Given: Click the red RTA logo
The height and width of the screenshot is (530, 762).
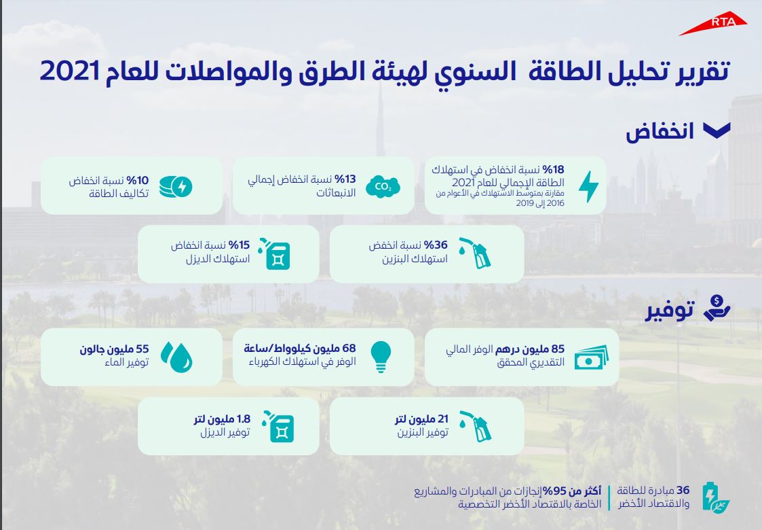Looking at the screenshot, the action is click(713, 24).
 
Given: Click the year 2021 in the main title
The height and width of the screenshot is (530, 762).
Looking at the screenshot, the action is click(70, 71).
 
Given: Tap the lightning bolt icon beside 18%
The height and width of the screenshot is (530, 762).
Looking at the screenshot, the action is click(588, 186).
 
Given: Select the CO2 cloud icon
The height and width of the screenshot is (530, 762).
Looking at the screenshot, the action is click(383, 186).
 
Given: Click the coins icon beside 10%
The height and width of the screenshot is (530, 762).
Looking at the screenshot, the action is click(176, 186).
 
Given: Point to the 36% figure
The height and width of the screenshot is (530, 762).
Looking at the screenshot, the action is click(436, 245).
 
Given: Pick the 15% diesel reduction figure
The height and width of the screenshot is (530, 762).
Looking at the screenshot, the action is click(239, 245).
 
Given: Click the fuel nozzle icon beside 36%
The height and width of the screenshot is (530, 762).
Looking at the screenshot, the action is click(475, 253).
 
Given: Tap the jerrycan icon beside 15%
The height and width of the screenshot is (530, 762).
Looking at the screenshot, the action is click(274, 253).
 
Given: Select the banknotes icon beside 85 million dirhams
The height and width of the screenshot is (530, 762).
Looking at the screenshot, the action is click(592, 357).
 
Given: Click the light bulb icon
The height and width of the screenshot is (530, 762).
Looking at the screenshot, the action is click(381, 357).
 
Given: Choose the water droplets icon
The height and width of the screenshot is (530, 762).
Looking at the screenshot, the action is click(176, 357).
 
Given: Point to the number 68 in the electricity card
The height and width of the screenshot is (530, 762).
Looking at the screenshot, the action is click(349, 349).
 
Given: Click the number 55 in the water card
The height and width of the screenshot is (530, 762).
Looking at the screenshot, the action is click(142, 349).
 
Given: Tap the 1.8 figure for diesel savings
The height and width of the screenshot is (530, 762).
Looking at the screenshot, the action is click(244, 419).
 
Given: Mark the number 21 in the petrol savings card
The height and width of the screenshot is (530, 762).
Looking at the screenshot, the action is click(442, 419).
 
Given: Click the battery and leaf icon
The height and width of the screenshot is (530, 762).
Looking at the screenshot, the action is click(716, 497).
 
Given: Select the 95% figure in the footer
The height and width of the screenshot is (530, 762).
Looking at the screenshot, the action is click(553, 491).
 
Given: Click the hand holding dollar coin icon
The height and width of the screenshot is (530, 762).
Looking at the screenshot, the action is click(717, 308).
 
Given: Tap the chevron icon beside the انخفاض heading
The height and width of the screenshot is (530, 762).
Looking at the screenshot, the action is click(717, 130).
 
